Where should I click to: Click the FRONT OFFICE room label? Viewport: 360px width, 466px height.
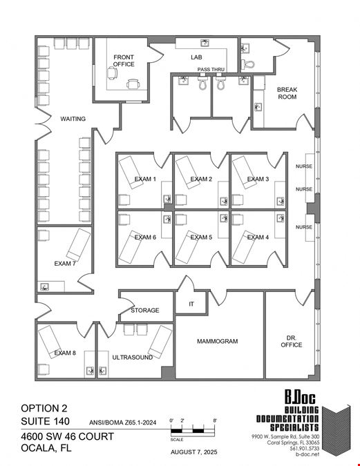pos(124,61)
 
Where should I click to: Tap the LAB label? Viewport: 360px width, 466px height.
pos(196,57)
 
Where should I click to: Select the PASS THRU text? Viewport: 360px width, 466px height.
pos(211,69)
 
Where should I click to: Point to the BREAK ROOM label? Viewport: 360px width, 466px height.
pos(287,93)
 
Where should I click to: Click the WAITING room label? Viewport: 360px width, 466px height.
pos(73,119)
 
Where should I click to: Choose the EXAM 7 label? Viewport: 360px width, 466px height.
pos(65,264)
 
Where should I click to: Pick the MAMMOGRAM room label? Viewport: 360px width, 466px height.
pos(217,341)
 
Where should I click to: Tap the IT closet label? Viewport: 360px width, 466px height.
pos(191,304)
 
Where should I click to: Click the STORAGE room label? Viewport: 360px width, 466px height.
pos(145,310)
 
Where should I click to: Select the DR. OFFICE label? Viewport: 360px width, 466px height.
pos(292,342)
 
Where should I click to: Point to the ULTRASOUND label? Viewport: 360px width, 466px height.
pos(133,357)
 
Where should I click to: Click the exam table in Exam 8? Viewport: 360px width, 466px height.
pos(50,342)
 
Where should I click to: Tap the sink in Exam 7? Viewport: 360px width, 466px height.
pos(45,287)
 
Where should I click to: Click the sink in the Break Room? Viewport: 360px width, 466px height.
pos(258,107)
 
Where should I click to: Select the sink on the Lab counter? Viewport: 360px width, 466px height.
pos(205,43)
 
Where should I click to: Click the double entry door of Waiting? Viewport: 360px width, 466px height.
pos(44,124)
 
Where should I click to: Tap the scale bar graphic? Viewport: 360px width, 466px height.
pos(193,431)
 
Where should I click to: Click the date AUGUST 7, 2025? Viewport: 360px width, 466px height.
pos(194,452)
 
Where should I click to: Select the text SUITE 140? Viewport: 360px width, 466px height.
pos(45,421)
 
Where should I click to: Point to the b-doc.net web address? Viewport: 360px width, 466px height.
pos(307,454)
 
